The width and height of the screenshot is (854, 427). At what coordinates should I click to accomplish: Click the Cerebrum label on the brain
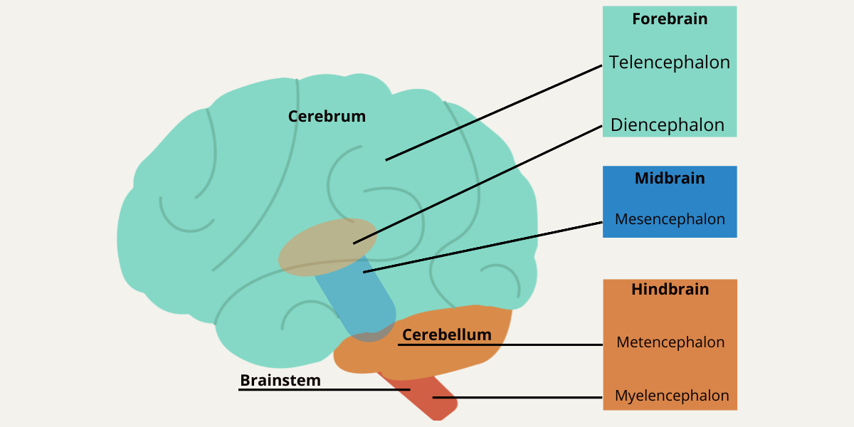(x=327, y=116)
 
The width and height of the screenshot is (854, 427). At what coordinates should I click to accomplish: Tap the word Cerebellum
(x=446, y=334)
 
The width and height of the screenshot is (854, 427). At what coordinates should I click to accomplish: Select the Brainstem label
(x=280, y=381)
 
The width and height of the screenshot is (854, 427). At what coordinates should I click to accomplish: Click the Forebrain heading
(x=670, y=19)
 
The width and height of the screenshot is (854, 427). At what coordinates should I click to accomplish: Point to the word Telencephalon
(x=669, y=62)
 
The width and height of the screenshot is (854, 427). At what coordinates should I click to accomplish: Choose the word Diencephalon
(x=667, y=125)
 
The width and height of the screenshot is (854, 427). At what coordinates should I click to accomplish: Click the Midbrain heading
(x=670, y=178)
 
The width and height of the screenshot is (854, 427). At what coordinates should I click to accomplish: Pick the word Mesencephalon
(x=670, y=219)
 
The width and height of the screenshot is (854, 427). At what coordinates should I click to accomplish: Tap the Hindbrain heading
(x=670, y=290)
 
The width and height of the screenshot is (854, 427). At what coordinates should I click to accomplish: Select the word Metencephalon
(x=670, y=342)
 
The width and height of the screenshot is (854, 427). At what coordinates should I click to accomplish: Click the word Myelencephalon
(x=672, y=396)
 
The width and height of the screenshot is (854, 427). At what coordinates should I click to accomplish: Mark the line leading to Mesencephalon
(x=484, y=247)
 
